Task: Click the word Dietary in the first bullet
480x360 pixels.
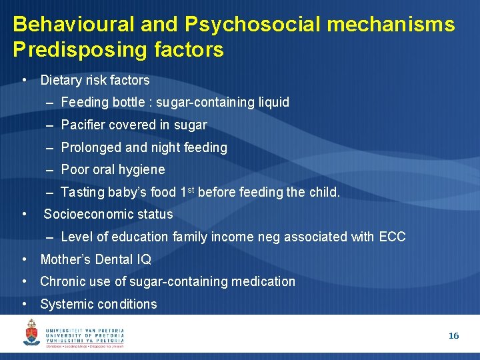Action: [60, 81]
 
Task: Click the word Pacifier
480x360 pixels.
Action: [82, 125]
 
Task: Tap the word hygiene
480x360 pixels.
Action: [139, 170]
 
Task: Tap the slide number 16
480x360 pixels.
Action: [453, 336]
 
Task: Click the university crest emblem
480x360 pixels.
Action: [31, 332]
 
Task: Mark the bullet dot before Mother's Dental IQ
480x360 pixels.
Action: [24, 259]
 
